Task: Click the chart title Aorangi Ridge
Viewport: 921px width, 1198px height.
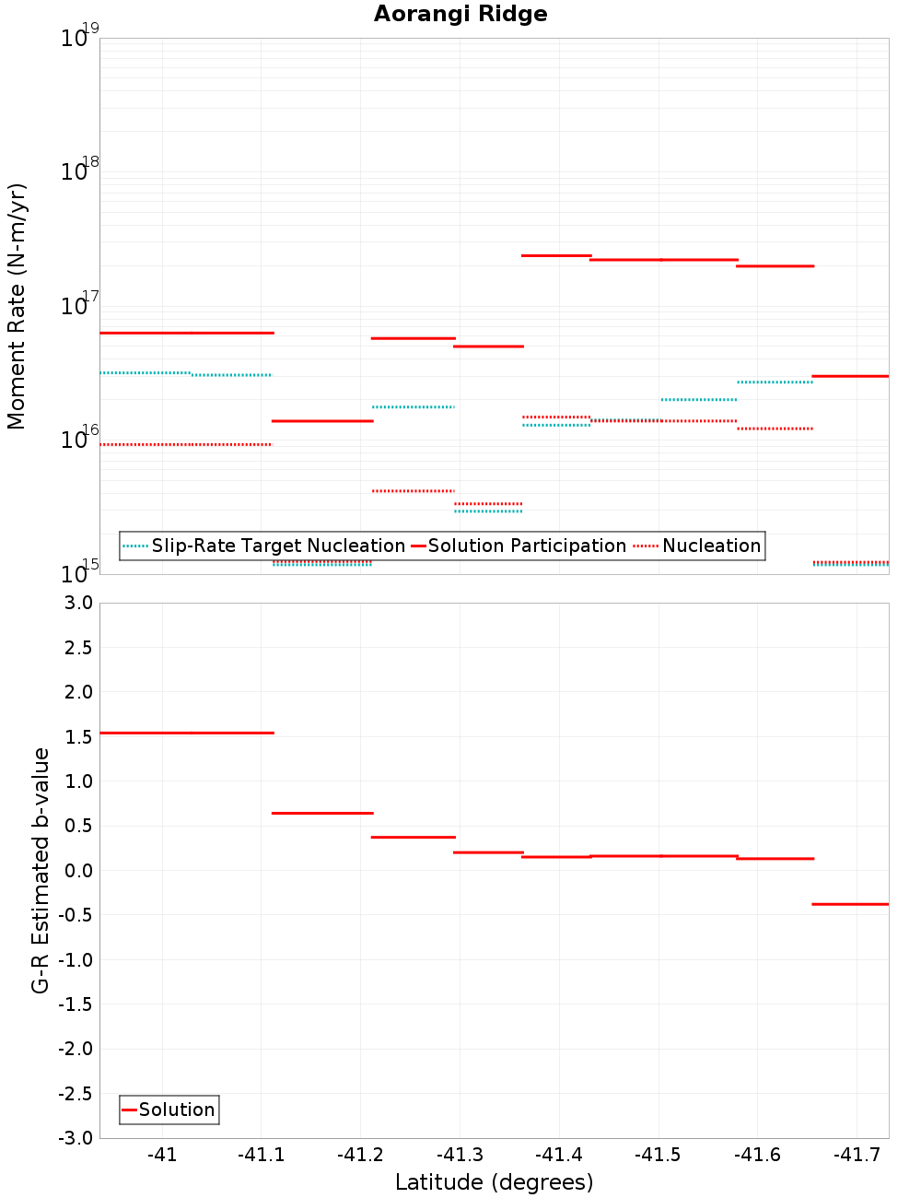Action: point(460,15)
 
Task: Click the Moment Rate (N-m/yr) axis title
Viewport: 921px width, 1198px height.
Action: point(17,306)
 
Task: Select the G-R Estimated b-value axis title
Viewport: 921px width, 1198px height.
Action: point(41,870)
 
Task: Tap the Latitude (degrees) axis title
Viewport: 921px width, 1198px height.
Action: point(494,1182)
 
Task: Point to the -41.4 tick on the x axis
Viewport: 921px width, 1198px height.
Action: point(559,1156)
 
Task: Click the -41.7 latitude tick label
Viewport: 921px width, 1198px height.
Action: point(857,1156)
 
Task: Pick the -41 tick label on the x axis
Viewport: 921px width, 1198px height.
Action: point(162,1156)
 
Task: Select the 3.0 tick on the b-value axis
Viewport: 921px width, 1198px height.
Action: point(77,603)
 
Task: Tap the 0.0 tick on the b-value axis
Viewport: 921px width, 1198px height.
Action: point(77,871)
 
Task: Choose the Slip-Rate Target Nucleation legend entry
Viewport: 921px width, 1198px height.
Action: point(265,546)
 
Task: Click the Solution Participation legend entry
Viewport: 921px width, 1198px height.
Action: point(519,546)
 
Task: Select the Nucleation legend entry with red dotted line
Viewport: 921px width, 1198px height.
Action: point(699,546)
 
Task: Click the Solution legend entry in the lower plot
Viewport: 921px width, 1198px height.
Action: point(169,1110)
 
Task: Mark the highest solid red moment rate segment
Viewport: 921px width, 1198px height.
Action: point(556,255)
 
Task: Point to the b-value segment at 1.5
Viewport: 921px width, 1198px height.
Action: point(187,733)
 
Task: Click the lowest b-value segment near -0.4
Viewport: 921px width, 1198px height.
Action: point(850,904)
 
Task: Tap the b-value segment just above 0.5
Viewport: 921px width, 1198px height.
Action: point(322,813)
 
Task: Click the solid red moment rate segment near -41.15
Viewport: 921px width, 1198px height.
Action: point(322,421)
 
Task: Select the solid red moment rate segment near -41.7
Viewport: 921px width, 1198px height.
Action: point(850,376)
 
